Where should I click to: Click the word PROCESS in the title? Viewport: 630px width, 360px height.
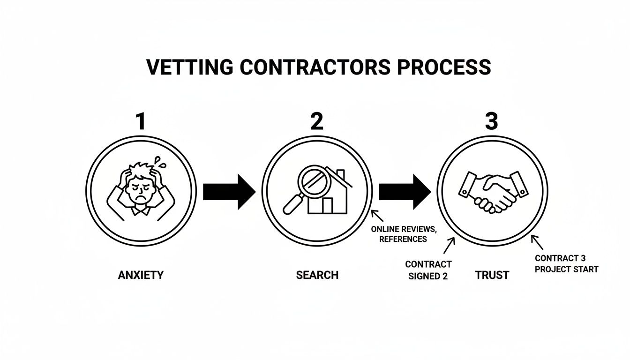pos(444,67)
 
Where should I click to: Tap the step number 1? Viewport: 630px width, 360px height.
pos(140,121)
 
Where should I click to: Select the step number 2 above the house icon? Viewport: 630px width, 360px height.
pos(317,121)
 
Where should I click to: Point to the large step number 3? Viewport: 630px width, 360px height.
pos(491,121)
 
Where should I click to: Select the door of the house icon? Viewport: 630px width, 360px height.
pos(327,205)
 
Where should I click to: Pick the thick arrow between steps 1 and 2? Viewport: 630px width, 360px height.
pos(229,192)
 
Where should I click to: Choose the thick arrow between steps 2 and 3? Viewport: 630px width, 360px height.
pos(405,192)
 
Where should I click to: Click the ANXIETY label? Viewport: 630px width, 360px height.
pos(141,275)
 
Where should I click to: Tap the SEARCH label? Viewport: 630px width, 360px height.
pos(317,275)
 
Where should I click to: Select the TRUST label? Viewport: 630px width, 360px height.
pos(492,275)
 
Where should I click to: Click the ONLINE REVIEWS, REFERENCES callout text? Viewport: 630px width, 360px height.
pos(403,234)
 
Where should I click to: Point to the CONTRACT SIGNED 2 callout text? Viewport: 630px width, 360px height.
pos(428,270)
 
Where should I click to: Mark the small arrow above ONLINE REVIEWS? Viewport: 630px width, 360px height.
pos(376,216)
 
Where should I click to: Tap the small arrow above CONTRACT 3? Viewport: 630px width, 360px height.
pos(537,242)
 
